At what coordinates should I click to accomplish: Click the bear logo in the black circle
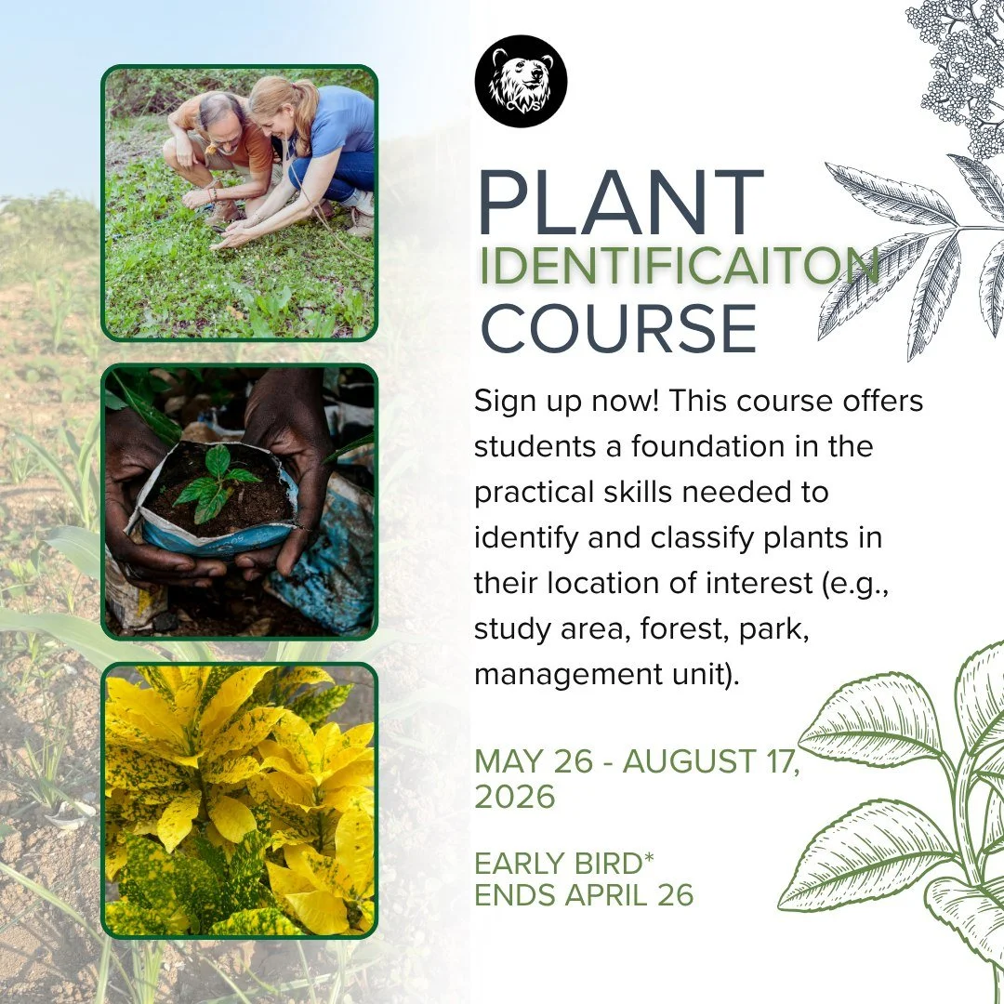pos(520,81)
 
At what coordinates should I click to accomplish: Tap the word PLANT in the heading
pos(620,203)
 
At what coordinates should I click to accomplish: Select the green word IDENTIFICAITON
pos(679,267)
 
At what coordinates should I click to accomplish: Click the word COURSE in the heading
pos(619,327)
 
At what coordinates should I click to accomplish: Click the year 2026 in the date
pos(515,797)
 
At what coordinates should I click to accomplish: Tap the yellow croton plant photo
pos(240,799)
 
